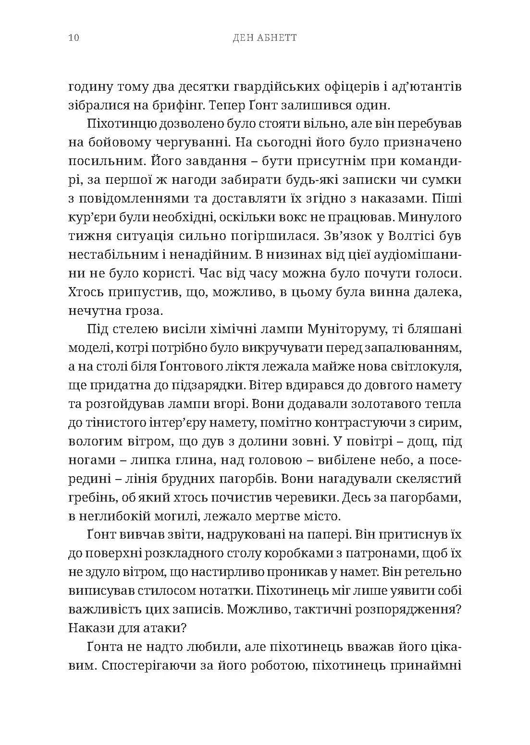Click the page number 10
pyautogui.click(x=74, y=38)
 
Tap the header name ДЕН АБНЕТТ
pyautogui.click(x=265, y=38)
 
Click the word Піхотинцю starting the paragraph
pyautogui.click(x=123, y=123)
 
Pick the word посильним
pyautogui.click(x=102, y=161)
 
